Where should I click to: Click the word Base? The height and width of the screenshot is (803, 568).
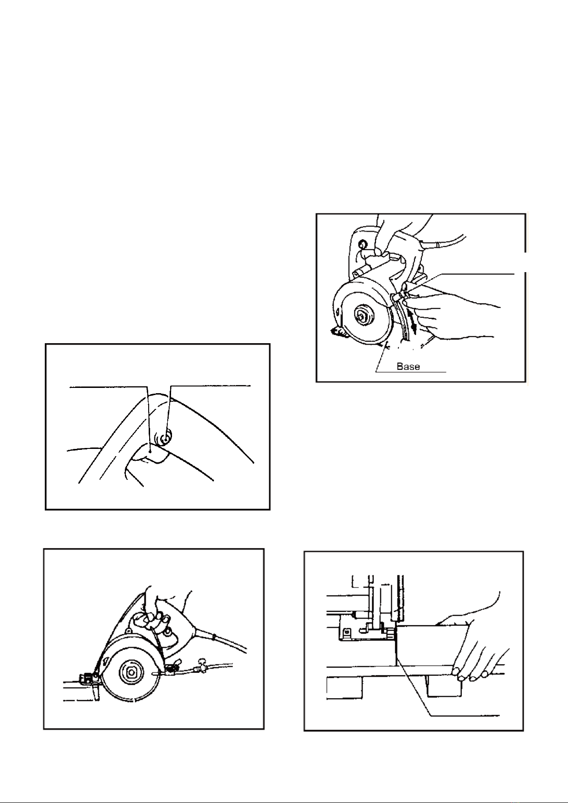(408, 366)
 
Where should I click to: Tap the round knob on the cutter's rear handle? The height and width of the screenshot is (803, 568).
(362, 245)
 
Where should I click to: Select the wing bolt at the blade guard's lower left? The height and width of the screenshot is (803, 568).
(339, 333)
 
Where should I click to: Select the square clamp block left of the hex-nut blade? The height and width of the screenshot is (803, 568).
(86, 678)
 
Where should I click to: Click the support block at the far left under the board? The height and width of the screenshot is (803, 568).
(344, 688)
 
